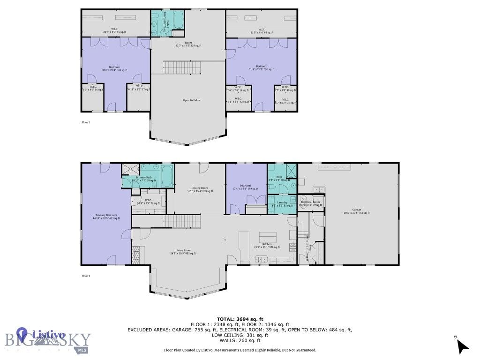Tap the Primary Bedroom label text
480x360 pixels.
[x=105, y=217]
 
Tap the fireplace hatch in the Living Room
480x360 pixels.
[x=136, y=256]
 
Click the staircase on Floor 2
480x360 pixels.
[x=181, y=67]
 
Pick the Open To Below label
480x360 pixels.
[x=192, y=100]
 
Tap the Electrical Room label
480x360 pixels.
[x=310, y=203]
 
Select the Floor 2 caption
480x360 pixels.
[x=86, y=122]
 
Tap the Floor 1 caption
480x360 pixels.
[x=86, y=276]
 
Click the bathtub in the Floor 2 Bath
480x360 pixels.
[x=178, y=20]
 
